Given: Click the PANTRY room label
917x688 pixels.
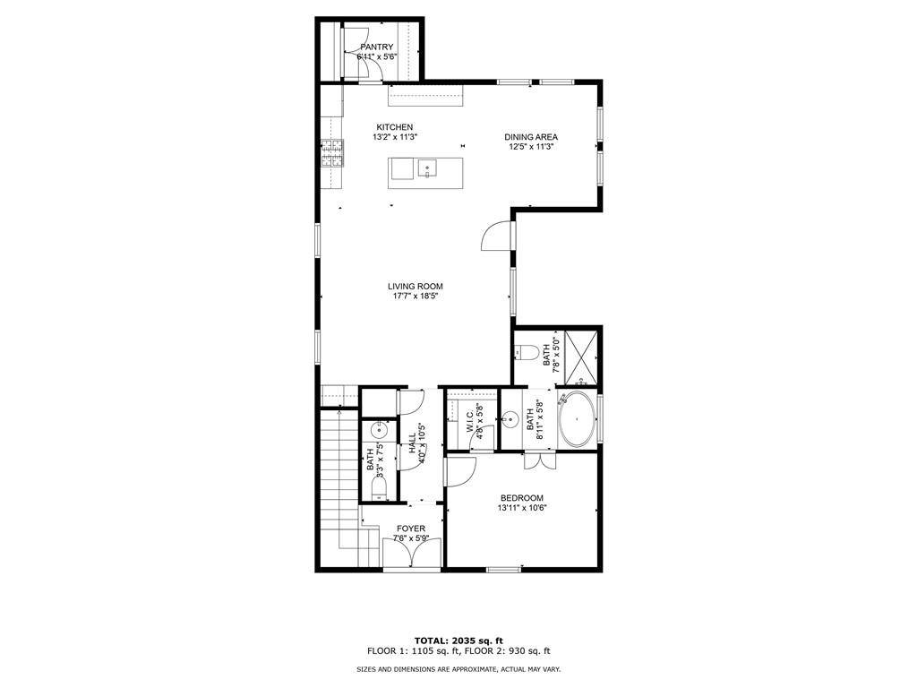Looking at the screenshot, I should click(x=377, y=47).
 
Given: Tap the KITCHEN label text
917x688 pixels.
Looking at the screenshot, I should click(x=394, y=127).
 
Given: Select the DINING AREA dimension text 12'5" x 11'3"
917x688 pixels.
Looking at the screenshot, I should click(x=532, y=147).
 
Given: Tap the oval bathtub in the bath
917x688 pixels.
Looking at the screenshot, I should click(x=578, y=419).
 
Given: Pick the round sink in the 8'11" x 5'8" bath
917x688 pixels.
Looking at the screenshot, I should click(x=511, y=418).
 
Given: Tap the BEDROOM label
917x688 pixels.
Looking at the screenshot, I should click(x=521, y=498).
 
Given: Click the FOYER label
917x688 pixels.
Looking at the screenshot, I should click(x=411, y=529).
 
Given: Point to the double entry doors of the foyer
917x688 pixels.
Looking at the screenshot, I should click(x=412, y=556).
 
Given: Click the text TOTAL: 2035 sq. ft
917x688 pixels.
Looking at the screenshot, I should click(x=458, y=641).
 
